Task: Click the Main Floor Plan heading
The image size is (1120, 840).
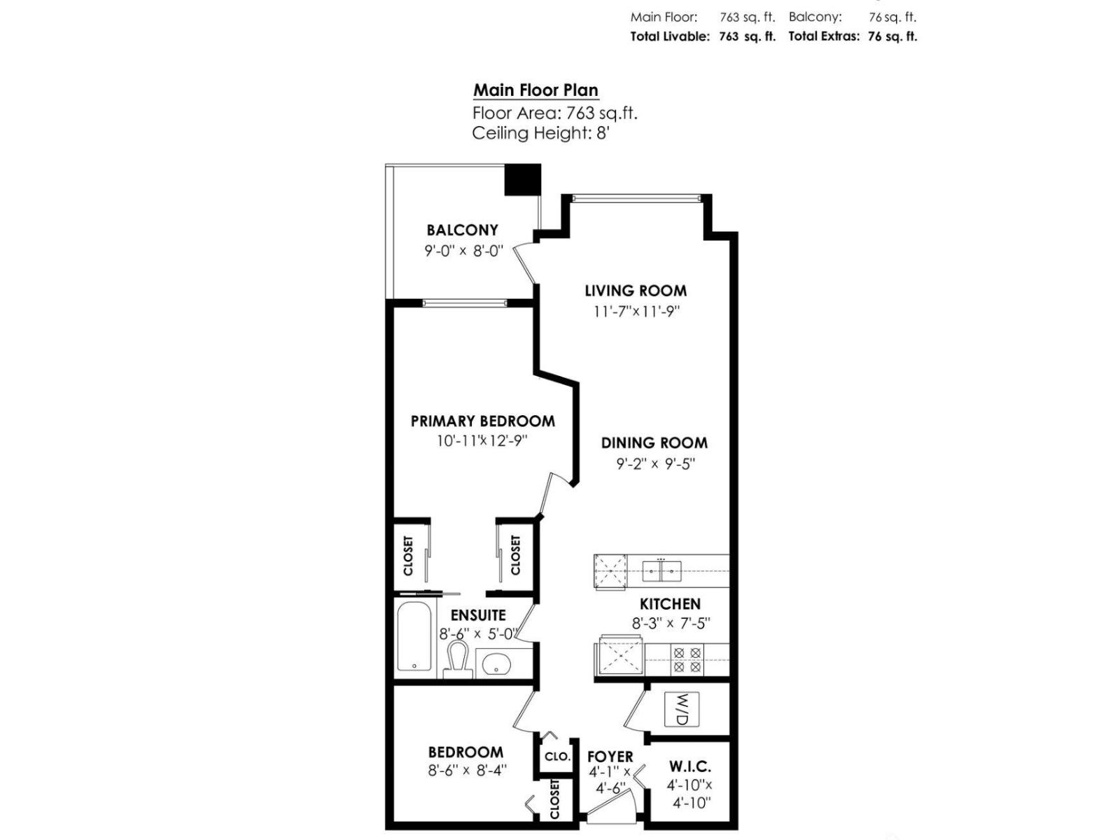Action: [x=535, y=90]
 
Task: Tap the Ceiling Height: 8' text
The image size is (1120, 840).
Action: [x=540, y=133]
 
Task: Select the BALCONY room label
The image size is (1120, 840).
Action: [x=462, y=230]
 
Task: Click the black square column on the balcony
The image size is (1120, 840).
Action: [x=523, y=179]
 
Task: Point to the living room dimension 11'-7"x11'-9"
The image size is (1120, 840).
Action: [x=636, y=311]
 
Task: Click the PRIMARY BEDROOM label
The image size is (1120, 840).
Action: [x=482, y=421]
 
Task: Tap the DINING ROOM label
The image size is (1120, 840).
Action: [x=654, y=443]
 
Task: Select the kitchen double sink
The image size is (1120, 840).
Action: [x=661, y=571]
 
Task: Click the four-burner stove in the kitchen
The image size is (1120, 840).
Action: [x=686, y=659]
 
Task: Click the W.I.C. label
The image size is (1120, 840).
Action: [x=689, y=767]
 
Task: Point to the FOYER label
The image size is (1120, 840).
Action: [x=610, y=757]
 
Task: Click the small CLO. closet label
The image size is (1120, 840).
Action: [x=557, y=757]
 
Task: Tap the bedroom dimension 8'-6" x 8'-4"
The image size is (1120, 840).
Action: [x=467, y=771]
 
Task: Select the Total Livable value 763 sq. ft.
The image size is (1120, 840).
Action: [x=747, y=36]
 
